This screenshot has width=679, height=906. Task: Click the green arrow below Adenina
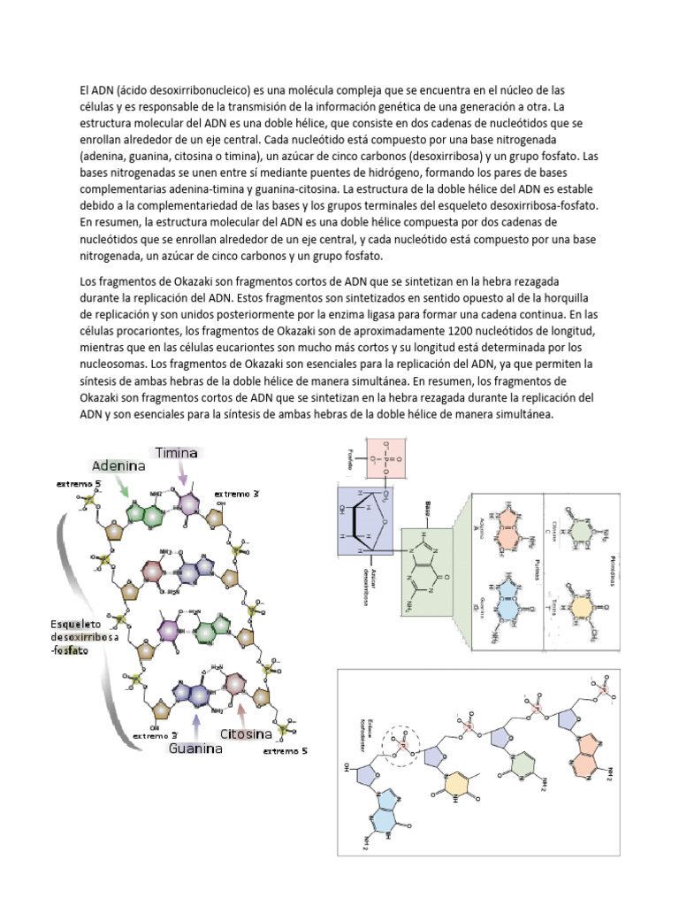point(125,486)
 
